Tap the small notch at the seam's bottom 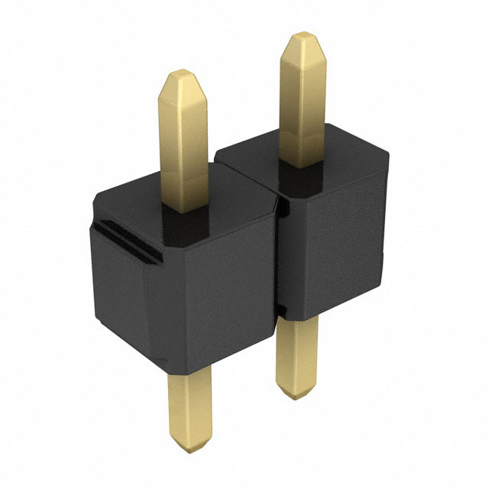(280, 310)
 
